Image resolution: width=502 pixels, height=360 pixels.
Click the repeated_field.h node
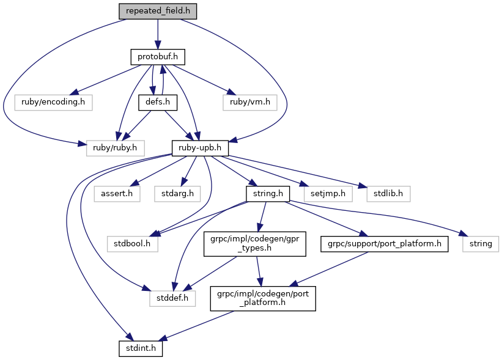[158, 11]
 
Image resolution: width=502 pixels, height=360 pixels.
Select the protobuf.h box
[158, 57]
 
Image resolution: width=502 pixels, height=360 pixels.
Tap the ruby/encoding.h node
[53, 103]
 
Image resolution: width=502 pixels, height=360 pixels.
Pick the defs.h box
[158, 103]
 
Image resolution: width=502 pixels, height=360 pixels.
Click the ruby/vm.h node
[249, 103]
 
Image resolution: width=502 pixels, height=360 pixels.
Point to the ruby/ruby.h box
[115, 148]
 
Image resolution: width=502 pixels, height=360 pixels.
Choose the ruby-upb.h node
[200, 148]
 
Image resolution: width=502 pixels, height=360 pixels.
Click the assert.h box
[117, 194]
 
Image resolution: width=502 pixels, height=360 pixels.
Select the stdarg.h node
[177, 194]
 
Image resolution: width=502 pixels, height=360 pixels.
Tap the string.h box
[268, 194]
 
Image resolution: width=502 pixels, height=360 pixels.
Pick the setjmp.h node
[328, 194]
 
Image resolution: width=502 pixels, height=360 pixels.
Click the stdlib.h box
[388, 194]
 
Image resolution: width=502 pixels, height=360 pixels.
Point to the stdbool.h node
[132, 244]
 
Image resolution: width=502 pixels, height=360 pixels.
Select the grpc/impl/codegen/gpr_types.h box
[254, 244]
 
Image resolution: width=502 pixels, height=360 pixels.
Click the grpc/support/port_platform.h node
[384, 244]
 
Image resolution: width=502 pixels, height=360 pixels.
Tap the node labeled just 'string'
[480, 244]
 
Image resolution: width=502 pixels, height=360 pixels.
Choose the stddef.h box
[172, 298]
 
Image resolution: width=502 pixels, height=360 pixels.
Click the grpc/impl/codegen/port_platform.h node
[263, 298]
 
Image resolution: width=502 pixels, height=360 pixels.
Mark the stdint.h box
[141, 348]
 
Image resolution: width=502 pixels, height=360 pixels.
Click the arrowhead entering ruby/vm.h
[231, 92]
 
